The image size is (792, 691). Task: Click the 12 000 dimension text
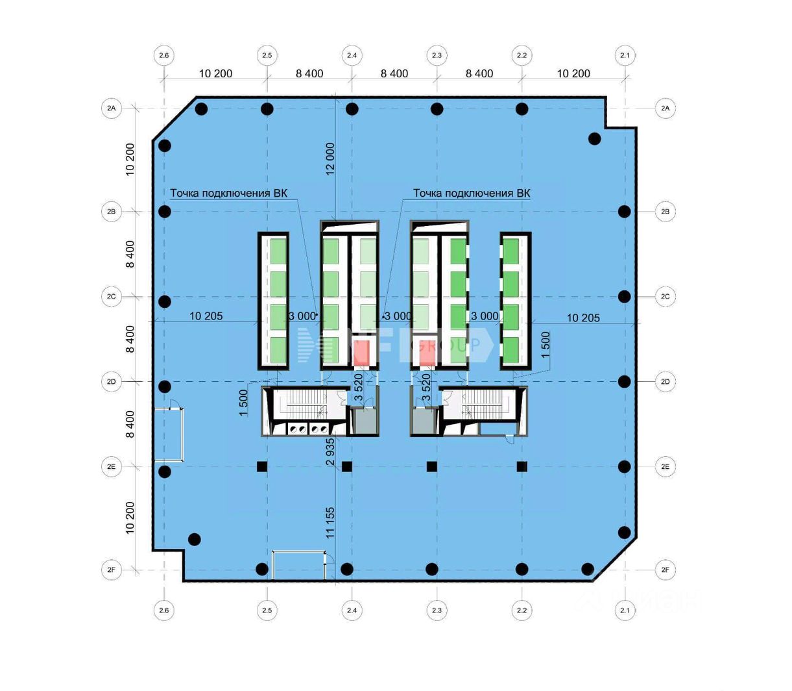pos(330,159)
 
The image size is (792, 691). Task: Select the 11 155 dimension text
pos(330,523)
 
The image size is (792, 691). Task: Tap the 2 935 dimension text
pos(330,453)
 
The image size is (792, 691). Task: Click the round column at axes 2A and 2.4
pos(352,108)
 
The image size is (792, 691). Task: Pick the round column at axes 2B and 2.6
pos(165,211)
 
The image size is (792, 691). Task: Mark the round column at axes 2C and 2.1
pos(624,296)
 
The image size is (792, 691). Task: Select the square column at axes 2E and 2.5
pos(262,466)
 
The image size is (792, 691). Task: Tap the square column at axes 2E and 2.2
pos(522,466)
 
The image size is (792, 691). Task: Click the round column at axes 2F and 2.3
pos(432,570)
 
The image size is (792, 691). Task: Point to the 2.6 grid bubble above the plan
pos(163,55)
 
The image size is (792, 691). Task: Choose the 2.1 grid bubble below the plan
pos(625,610)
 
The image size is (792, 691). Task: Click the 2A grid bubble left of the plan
pos(112,108)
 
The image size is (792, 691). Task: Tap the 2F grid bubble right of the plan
pos(665,570)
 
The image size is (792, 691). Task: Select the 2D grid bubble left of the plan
pos(112,382)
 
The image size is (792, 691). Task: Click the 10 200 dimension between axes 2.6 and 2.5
pos(215,74)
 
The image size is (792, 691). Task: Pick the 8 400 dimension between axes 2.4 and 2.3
pos(394,74)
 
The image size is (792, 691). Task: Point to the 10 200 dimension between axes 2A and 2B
pos(130,159)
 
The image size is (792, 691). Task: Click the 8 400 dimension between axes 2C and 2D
pos(130,339)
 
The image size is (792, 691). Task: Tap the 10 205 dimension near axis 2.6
pos(206,316)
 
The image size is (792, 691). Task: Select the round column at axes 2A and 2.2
pos(522,108)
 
